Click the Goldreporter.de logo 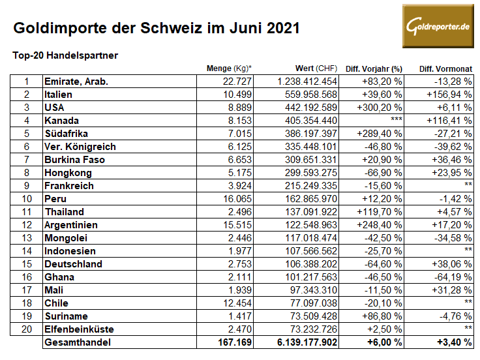click(437, 26)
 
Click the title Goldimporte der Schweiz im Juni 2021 click(157, 28)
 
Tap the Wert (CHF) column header click(316, 68)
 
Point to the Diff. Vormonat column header click(445, 68)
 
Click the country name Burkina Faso click(74, 160)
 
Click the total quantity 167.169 click(235, 342)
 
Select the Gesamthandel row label click(76, 342)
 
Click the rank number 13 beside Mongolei click(27, 238)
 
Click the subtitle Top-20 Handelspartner click(65, 55)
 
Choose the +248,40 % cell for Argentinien click(378, 225)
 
